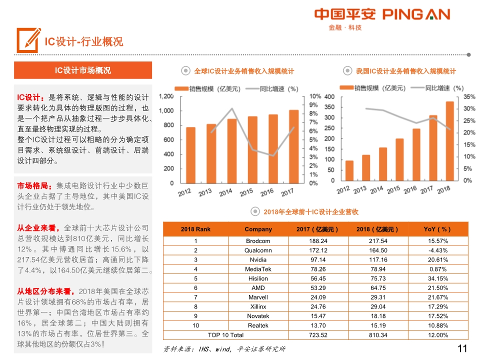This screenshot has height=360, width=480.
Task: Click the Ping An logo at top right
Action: click(382, 18)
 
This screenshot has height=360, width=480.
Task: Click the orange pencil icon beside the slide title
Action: click(28, 40)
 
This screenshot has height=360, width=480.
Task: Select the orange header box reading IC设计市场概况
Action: click(82, 70)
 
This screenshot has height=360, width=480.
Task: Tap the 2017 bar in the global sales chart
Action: click(294, 146)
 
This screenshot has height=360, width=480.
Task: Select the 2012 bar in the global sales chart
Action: click(190, 155)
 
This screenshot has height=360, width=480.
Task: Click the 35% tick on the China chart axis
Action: click(469, 96)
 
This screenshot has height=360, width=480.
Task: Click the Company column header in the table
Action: click(258, 229)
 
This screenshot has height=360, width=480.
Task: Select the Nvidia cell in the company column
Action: click(258, 259)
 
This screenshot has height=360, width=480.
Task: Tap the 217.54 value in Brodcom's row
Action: click(378, 241)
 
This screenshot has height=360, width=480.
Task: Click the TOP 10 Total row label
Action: click(226, 335)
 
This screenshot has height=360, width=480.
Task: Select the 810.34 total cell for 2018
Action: click(378, 335)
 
